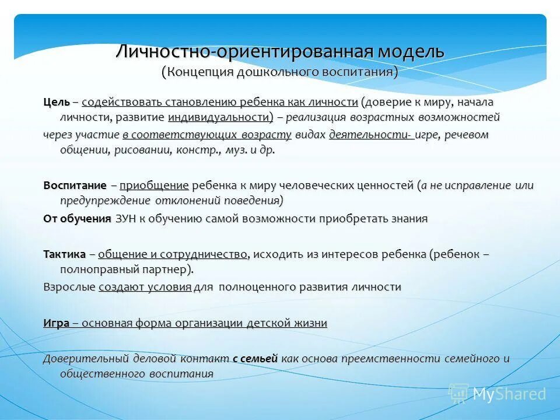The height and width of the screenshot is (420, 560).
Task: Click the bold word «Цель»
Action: point(57,102)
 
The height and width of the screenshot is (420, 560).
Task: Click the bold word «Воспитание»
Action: point(75,185)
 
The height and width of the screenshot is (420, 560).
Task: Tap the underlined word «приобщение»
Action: point(154,185)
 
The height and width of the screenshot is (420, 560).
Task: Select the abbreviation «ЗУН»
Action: point(125,219)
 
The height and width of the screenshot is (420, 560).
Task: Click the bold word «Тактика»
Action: point(64,254)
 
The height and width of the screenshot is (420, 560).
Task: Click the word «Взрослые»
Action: point(69,287)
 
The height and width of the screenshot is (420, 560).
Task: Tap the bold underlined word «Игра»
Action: point(56,323)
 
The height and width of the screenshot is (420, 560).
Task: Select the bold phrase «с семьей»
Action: point(255,359)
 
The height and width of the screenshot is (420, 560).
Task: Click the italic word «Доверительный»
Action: point(80,359)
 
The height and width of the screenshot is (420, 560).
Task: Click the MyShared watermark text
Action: point(509,394)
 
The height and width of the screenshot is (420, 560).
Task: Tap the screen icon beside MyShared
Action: point(459,394)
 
